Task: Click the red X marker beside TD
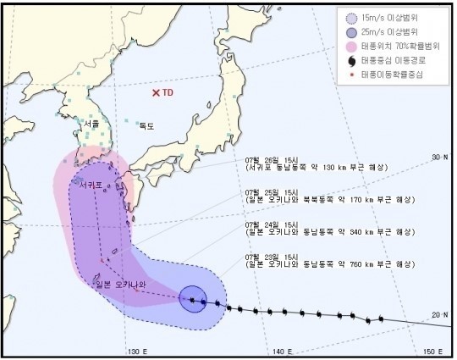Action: [156, 92]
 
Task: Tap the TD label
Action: [168, 92]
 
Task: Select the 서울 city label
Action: [91, 124]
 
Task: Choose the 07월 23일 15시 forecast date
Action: [269, 255]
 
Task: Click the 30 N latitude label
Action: [438, 157]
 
